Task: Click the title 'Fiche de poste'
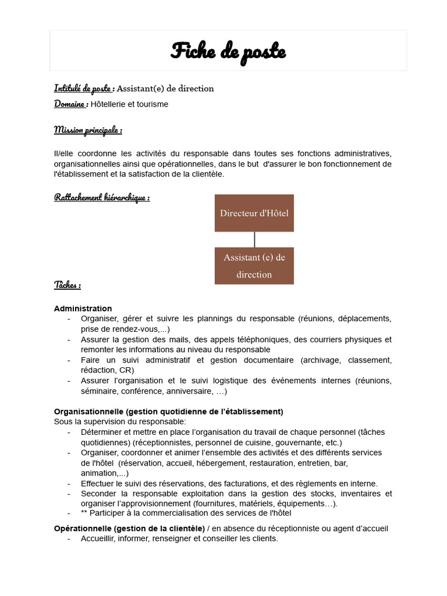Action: [x=228, y=51]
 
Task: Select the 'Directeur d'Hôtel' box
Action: [x=254, y=213]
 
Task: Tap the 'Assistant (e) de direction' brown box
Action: [x=254, y=265]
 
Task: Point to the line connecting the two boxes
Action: [x=254, y=239]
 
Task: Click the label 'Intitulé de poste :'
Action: [x=84, y=88]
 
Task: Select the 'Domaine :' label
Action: [x=71, y=104]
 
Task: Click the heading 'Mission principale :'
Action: [x=88, y=130]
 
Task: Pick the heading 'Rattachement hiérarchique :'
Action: [x=102, y=198]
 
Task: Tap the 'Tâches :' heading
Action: [x=68, y=285]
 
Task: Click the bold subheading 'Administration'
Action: [x=83, y=308]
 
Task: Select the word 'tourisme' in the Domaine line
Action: [x=151, y=104]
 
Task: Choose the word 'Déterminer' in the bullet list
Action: [x=102, y=432]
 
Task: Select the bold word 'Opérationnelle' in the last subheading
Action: [x=83, y=528]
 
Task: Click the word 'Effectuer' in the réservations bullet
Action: [x=98, y=483]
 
